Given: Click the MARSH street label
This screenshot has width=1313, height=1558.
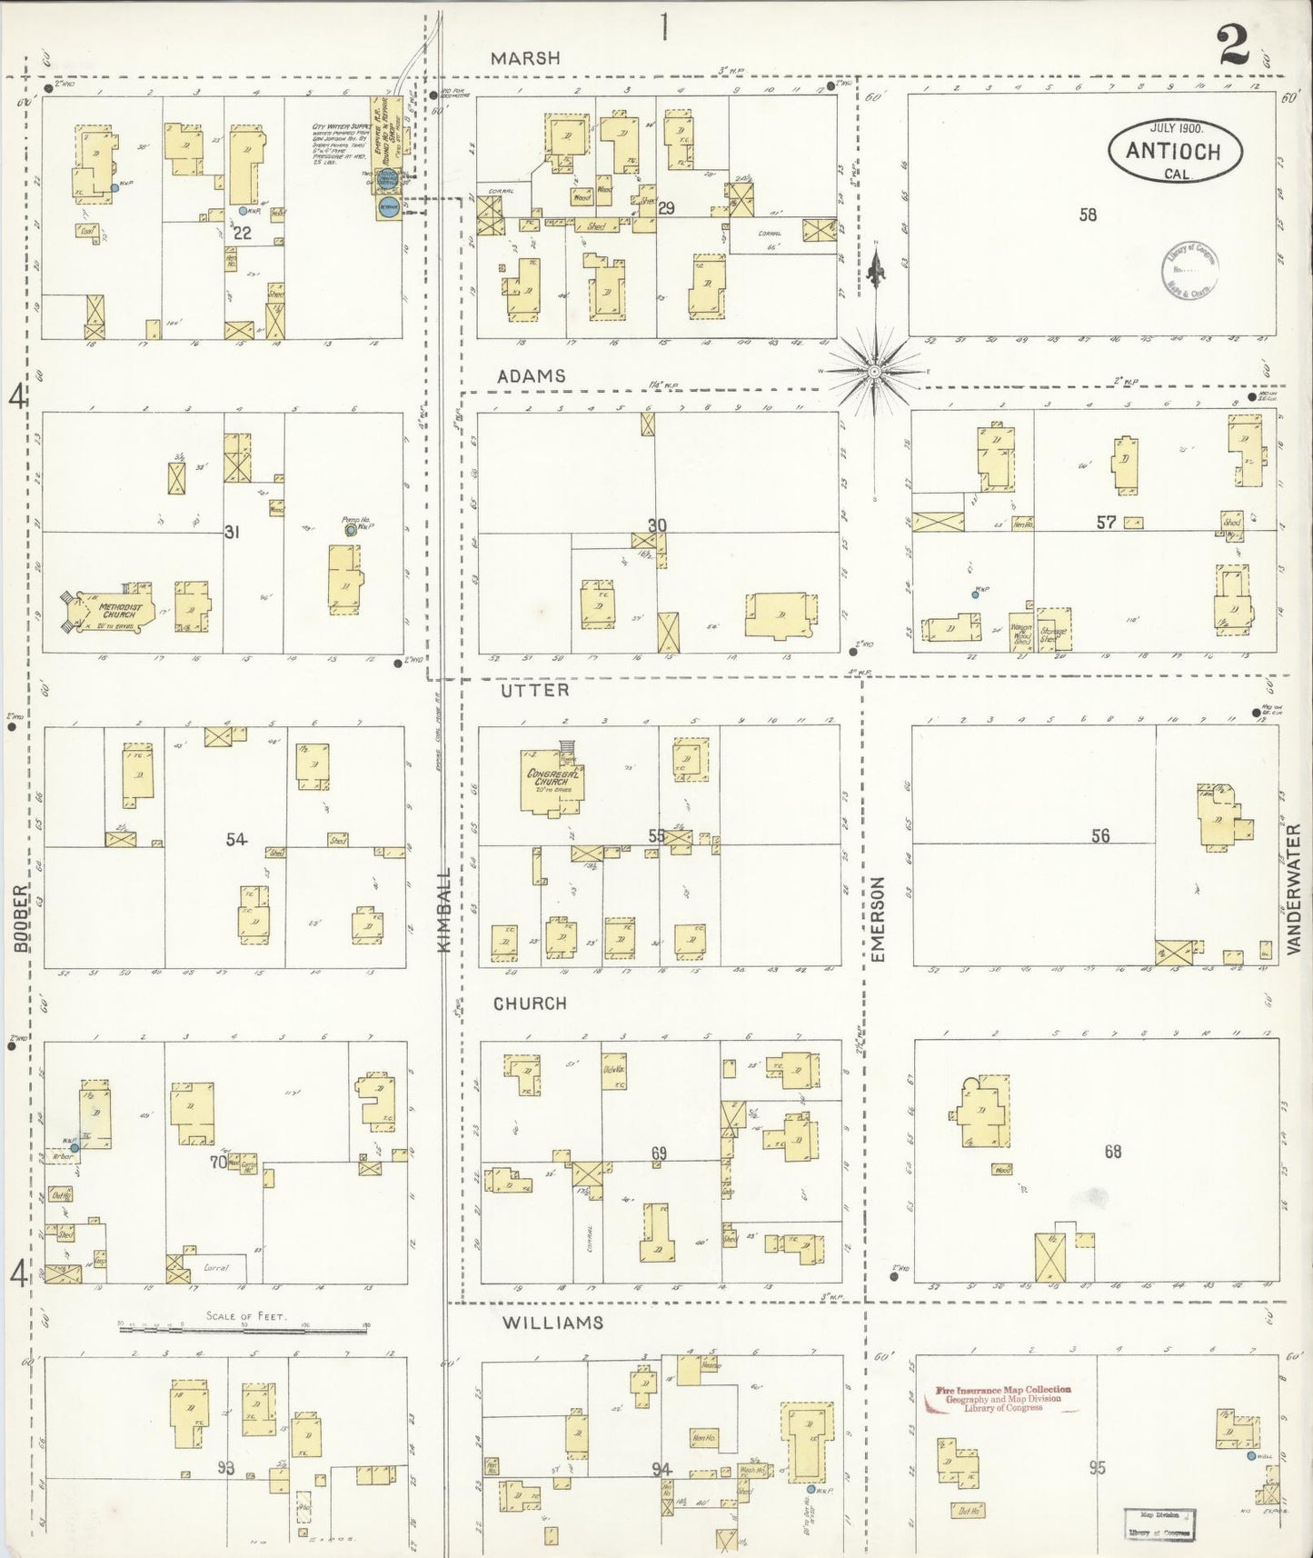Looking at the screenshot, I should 525,58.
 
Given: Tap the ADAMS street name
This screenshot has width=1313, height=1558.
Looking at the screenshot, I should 531,375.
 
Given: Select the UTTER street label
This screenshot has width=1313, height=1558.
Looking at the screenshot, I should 534,690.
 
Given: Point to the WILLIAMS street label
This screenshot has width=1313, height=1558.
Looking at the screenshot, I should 552,1323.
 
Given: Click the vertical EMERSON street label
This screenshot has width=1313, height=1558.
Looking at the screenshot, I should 877,919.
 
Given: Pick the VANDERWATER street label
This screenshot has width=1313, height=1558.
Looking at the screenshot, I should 1294,888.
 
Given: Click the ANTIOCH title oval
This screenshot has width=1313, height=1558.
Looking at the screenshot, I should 1174,150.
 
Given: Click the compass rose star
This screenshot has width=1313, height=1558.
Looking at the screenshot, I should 874,371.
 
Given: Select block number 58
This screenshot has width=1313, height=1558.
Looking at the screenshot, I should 1088,215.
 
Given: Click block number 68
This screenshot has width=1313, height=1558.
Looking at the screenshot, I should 1112,1152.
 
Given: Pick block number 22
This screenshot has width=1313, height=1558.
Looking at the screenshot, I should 242,233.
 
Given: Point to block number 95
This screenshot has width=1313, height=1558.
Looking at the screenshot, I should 1097,1467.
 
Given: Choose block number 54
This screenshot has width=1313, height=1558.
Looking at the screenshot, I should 236,839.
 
